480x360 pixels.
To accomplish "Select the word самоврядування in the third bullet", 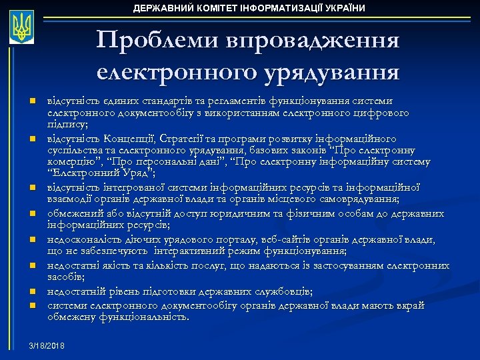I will click(349, 199).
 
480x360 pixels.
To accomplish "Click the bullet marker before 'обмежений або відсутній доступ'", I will click(31, 214).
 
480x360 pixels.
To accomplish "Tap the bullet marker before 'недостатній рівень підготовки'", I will click(31, 291).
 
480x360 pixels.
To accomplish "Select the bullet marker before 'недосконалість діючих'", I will click(31, 239).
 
